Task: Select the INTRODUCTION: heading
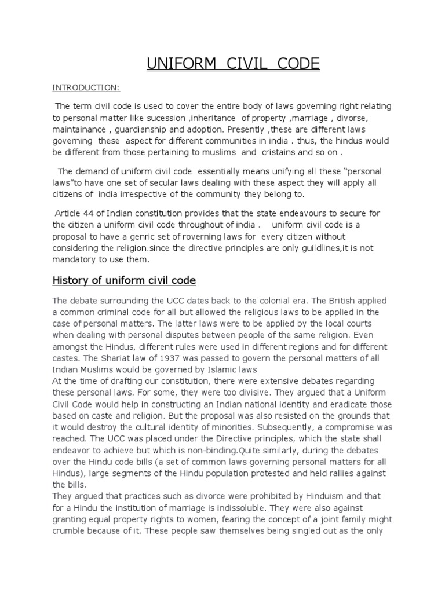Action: pos(86,87)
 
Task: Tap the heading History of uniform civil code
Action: pos(125,281)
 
